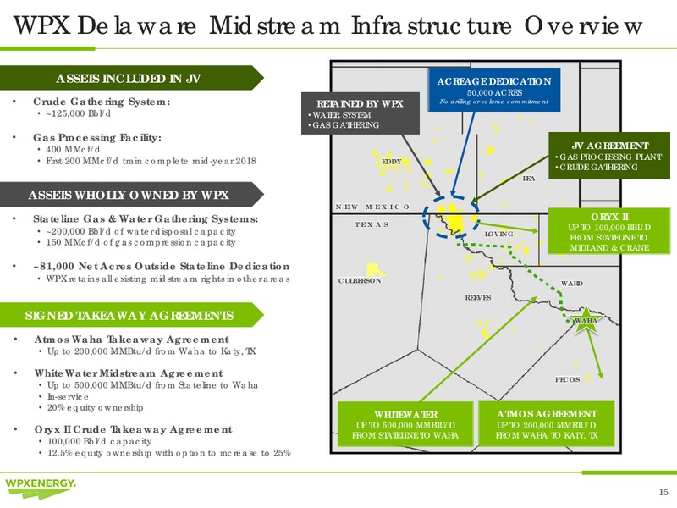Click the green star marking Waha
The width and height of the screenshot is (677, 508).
(x=586, y=321)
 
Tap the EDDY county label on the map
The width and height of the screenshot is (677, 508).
(x=392, y=162)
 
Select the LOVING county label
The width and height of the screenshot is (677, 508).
(x=498, y=234)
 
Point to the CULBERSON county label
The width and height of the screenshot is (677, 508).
(x=360, y=280)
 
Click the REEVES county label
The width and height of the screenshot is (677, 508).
(x=478, y=298)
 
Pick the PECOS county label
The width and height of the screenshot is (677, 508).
(x=567, y=379)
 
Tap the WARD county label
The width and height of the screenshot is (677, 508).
(x=572, y=284)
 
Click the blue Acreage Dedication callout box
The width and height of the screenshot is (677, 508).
(x=494, y=90)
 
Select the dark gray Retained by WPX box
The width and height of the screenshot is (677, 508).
(x=361, y=113)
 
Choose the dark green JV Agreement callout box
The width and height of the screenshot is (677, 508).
(x=609, y=156)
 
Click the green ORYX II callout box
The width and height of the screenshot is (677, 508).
(x=609, y=231)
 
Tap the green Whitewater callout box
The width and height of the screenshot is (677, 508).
(x=405, y=424)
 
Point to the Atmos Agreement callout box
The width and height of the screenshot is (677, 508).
(x=546, y=424)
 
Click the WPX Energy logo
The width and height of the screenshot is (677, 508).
(x=41, y=488)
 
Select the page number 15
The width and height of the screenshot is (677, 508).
(x=663, y=492)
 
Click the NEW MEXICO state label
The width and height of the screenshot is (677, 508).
(x=372, y=207)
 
